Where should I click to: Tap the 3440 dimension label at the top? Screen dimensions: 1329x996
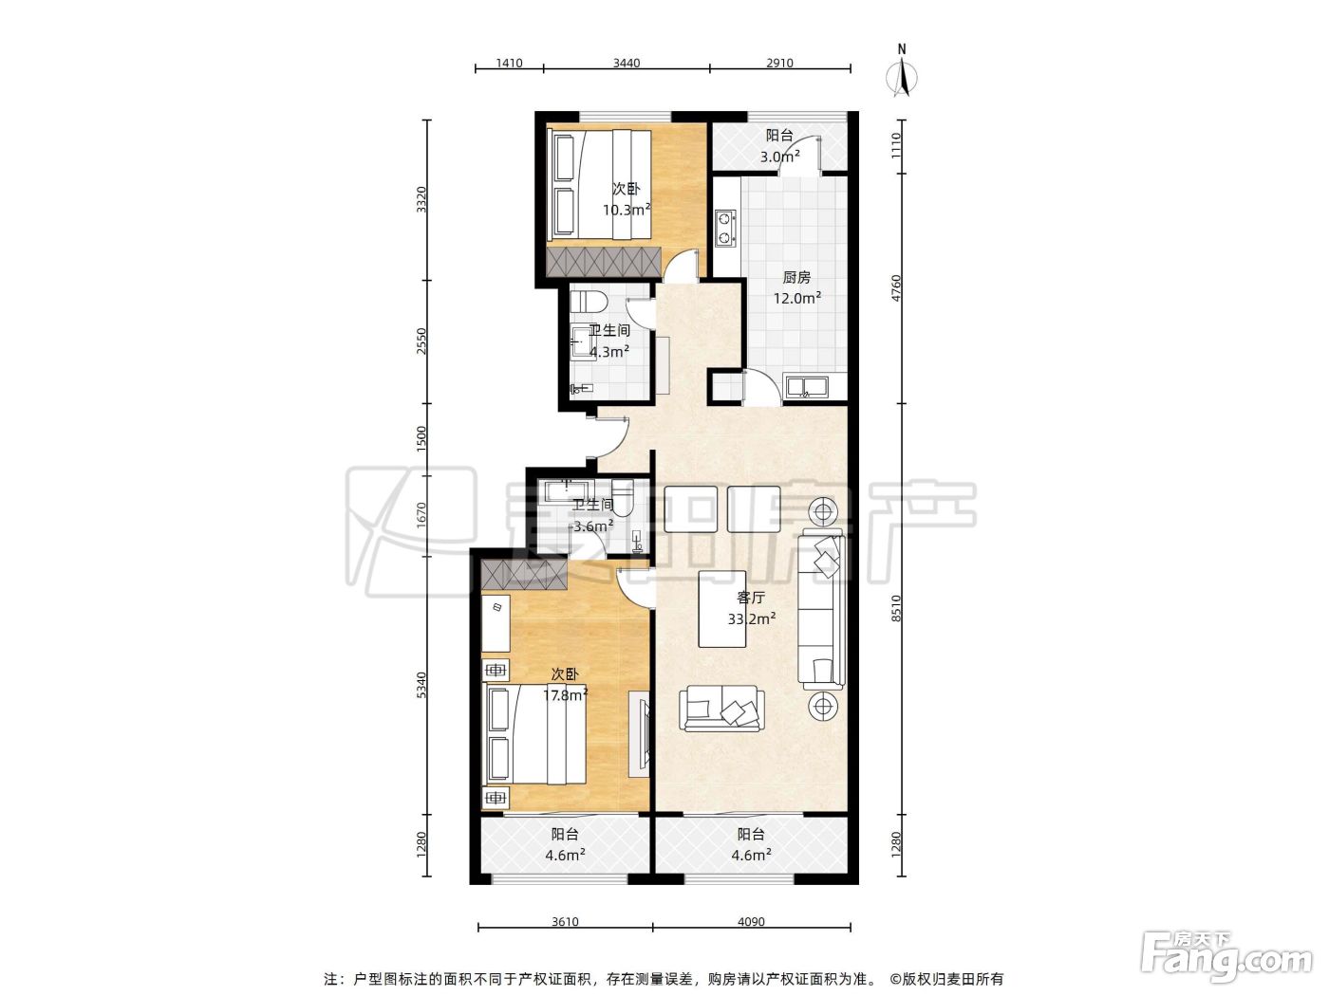tap(626, 63)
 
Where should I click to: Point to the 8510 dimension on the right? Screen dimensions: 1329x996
tap(896, 608)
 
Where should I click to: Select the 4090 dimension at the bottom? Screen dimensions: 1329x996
tap(751, 922)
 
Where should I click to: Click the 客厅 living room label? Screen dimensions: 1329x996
tap(751, 598)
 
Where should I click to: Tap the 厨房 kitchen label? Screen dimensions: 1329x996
tap(796, 277)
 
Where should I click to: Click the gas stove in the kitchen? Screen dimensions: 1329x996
tap(725, 228)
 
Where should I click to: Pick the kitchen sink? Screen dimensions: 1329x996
tap(807, 386)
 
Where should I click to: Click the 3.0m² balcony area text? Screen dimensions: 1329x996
tap(780, 157)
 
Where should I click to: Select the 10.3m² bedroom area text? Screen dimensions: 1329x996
tap(626, 210)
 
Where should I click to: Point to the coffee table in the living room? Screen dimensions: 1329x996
tap(722, 609)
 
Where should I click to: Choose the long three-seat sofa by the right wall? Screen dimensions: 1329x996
tap(821, 609)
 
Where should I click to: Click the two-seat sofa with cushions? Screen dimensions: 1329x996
tap(721, 709)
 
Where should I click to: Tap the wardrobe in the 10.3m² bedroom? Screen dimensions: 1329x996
tap(604, 262)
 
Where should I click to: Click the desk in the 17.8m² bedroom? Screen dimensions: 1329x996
tap(496, 623)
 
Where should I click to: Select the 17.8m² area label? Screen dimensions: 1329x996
tap(566, 695)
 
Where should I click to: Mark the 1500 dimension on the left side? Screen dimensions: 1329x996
tap(422, 438)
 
